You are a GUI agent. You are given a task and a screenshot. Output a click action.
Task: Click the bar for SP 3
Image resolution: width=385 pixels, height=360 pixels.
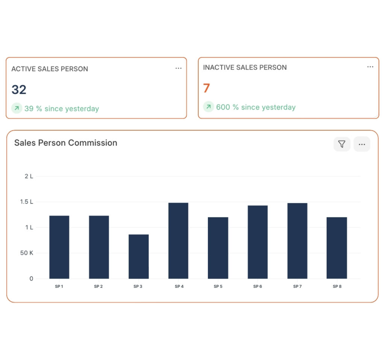pos(138,257)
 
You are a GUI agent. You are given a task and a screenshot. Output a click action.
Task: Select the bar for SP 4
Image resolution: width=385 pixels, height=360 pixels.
pos(178,241)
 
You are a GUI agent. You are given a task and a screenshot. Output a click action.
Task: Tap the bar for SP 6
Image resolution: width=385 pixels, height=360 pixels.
pos(258,242)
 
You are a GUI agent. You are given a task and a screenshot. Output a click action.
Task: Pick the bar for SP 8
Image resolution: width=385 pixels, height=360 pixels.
pos(336,248)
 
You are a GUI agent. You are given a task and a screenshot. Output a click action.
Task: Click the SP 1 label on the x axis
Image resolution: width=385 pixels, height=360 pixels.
pos(59,287)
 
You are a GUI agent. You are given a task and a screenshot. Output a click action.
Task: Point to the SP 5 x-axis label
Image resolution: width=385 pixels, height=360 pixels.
pos(218,287)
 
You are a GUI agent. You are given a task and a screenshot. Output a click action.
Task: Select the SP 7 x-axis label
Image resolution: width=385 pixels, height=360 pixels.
pos(297,287)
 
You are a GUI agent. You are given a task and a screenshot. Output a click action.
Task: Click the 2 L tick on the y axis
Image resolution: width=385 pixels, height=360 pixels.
pos(29,176)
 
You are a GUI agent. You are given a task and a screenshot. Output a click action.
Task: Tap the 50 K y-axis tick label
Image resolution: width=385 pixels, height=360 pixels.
pos(27,253)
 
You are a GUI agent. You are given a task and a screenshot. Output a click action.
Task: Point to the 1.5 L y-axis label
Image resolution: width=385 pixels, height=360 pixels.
pos(26,202)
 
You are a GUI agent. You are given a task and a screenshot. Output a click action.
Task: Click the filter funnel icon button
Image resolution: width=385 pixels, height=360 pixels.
pos(342,144)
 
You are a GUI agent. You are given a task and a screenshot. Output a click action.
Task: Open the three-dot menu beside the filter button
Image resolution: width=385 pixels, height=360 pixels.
pos(362,144)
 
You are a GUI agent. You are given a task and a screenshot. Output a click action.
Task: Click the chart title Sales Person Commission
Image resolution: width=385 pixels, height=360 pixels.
pos(66,143)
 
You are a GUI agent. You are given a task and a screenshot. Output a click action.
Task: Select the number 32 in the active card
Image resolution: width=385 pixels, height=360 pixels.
pos(19,90)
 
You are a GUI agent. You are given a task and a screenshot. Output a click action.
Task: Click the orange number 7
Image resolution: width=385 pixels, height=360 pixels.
pos(206,88)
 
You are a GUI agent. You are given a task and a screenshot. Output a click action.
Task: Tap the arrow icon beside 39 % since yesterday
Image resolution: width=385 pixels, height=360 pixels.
pos(17,109)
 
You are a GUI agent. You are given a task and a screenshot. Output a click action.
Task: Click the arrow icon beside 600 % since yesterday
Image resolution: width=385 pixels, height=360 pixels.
pos(208,107)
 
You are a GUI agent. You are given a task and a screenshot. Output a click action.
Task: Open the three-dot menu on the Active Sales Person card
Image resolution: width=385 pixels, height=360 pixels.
pos(178,68)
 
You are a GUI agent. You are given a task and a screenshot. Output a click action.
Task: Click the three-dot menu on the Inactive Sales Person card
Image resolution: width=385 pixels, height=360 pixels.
pos(370,67)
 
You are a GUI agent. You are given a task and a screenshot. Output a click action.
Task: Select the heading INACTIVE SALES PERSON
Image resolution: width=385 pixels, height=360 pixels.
pos(245,68)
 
